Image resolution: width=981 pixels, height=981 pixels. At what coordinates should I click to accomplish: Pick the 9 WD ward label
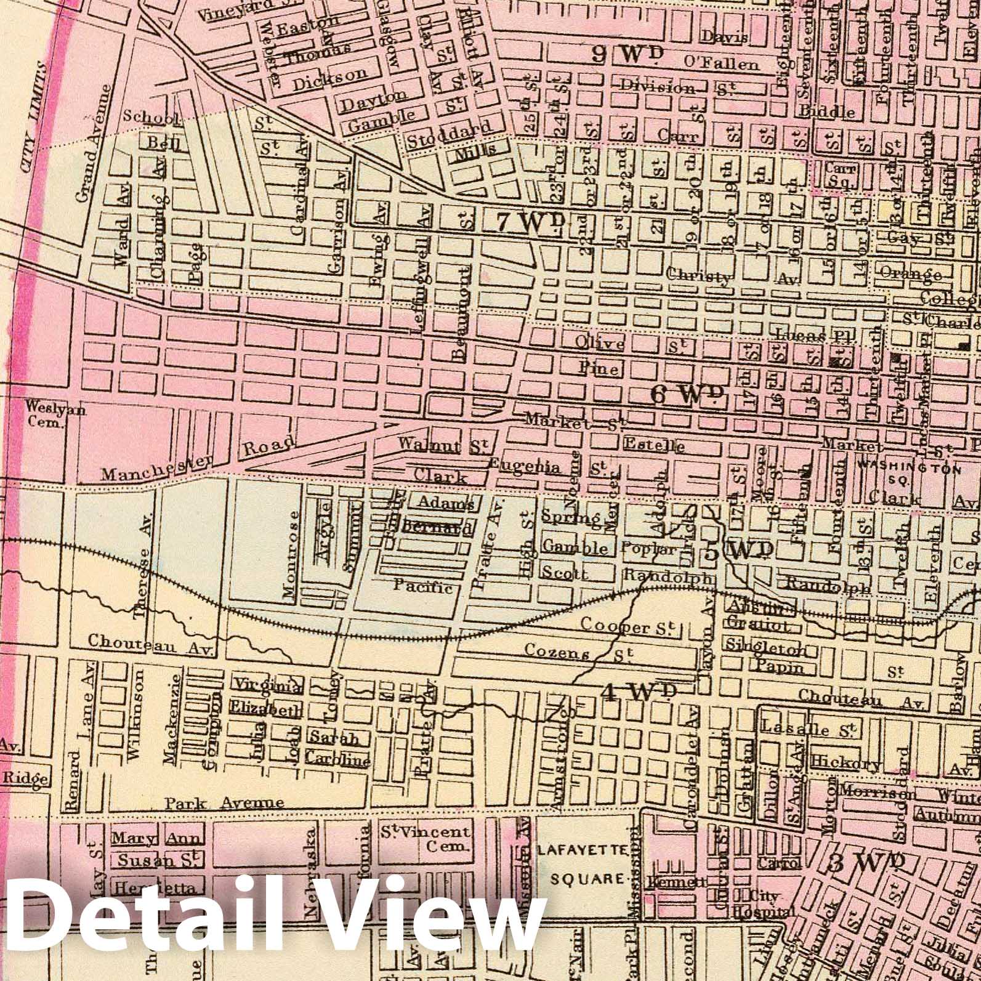click(x=626, y=54)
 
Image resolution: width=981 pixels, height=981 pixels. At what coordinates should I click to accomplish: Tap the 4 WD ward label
click(x=638, y=693)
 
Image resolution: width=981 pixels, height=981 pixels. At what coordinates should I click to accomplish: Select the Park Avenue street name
click(x=224, y=803)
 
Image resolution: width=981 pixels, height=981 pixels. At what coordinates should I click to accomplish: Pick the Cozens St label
click(x=578, y=652)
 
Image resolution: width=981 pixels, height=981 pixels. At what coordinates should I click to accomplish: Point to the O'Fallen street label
click(x=721, y=63)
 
